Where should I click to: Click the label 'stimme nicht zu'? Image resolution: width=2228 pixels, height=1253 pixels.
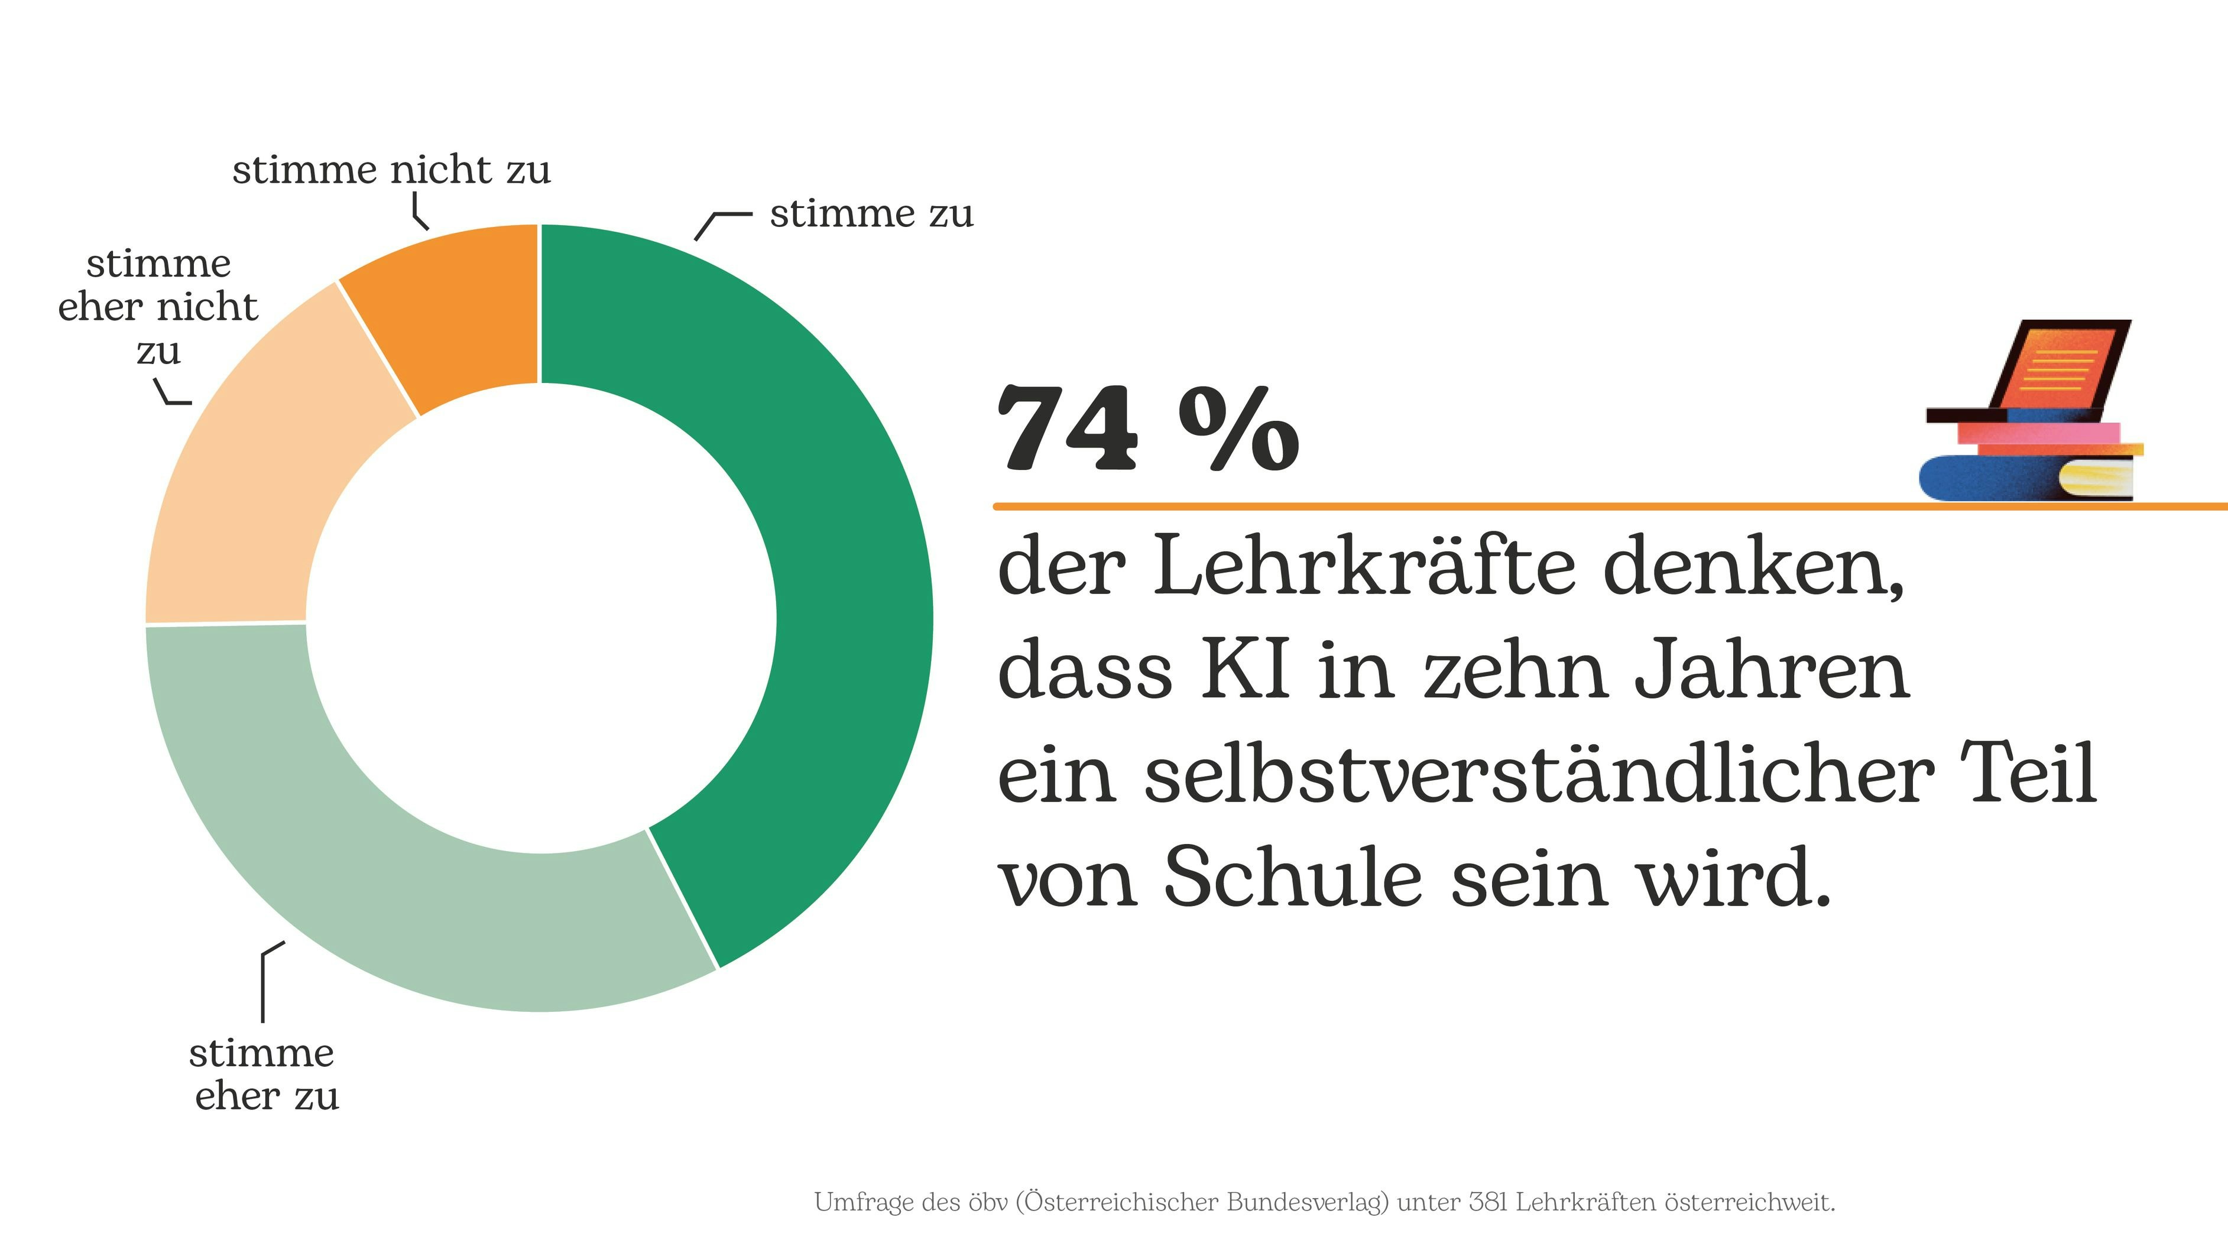point(391,170)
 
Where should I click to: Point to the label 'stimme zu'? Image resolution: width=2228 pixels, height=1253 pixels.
point(871,213)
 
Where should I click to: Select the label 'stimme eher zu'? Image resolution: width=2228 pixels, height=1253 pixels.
point(264,1074)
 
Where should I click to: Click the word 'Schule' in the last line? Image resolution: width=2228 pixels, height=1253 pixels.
point(1292,878)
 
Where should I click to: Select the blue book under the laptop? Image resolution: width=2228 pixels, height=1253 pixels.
point(1989,478)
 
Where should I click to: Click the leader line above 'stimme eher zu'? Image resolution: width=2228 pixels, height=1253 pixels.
point(263,986)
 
